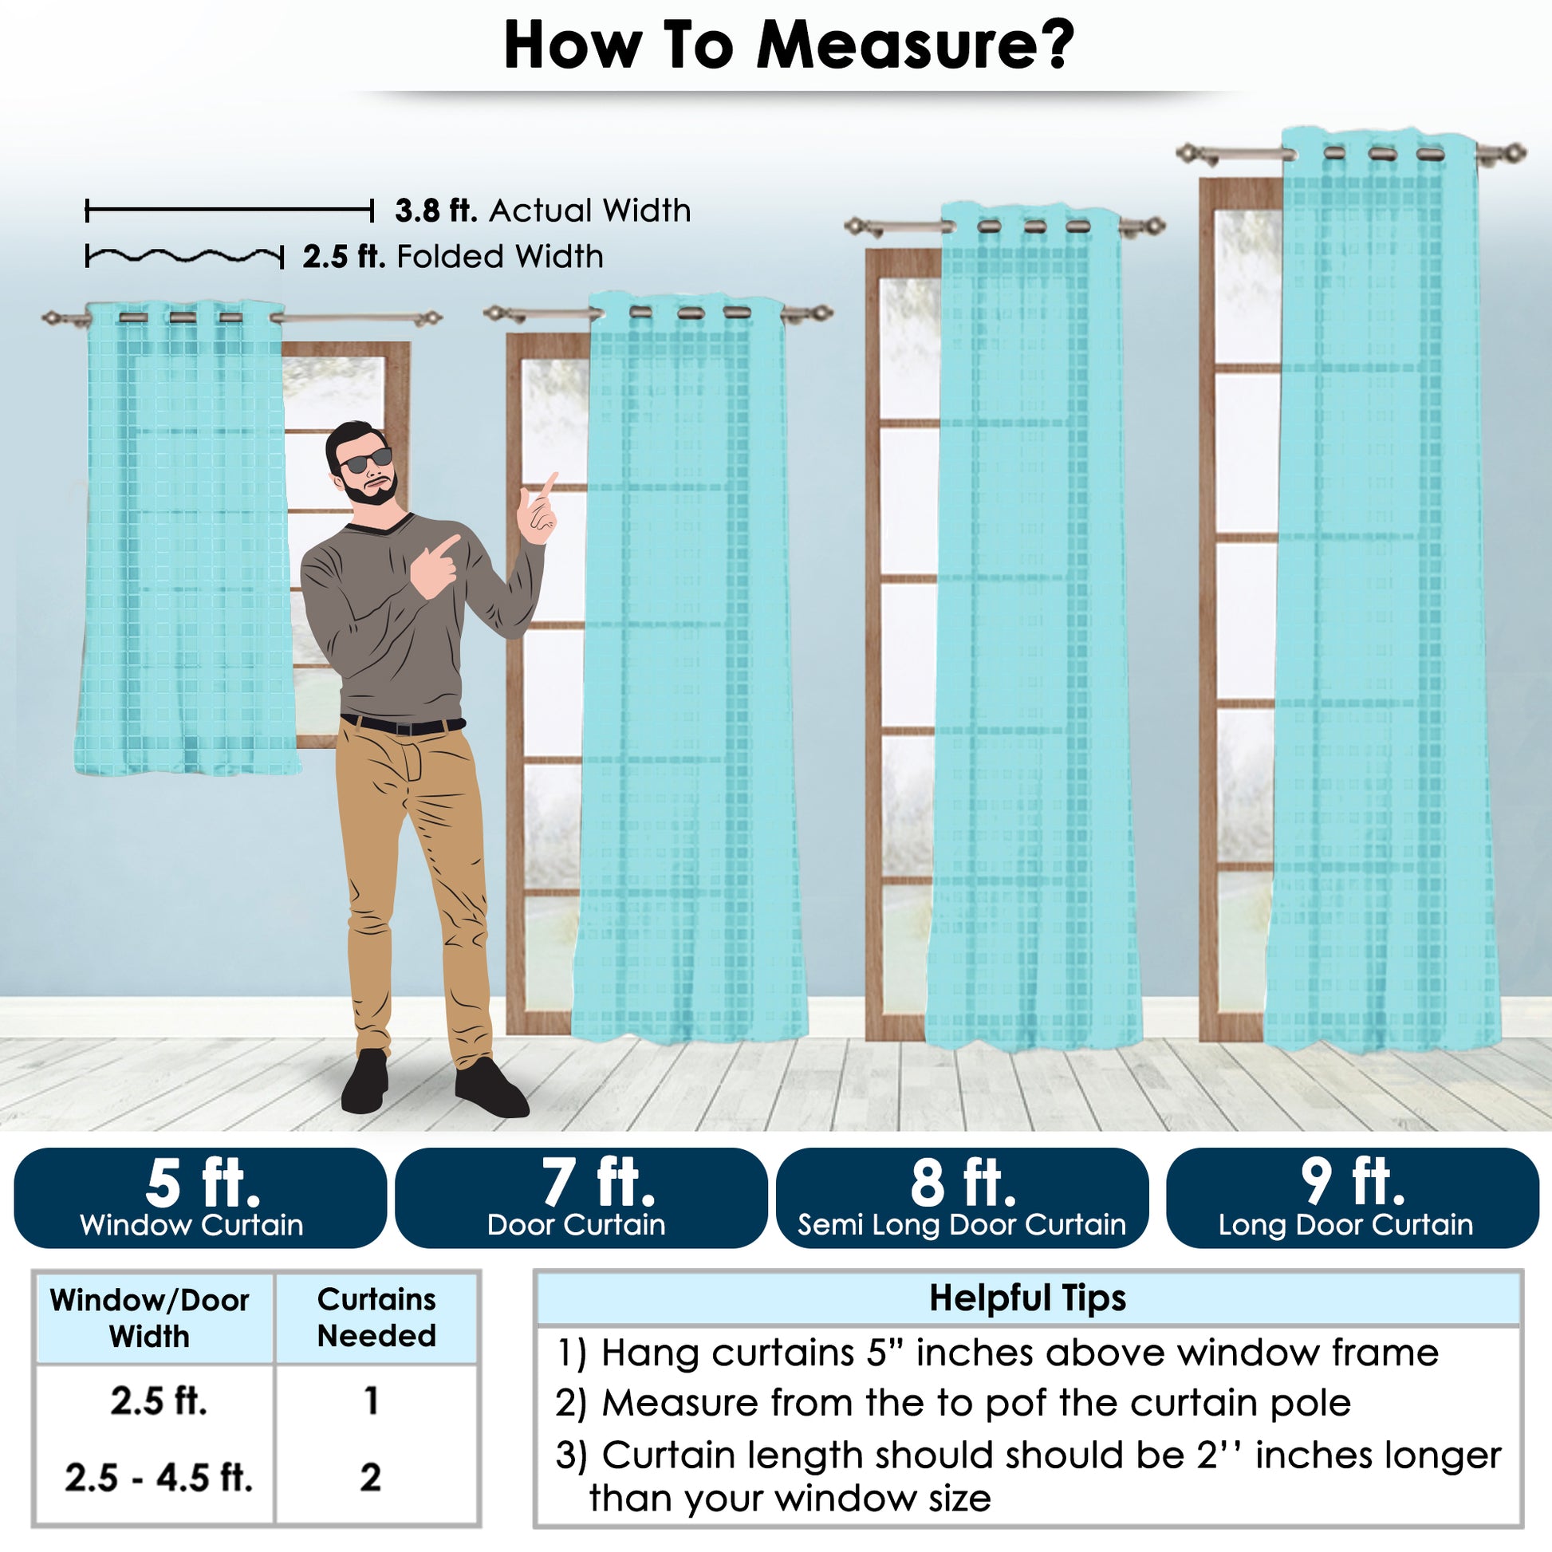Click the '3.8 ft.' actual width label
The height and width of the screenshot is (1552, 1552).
(436, 211)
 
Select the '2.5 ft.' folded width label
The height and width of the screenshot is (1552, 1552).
(344, 257)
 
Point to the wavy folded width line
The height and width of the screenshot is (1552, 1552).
(185, 257)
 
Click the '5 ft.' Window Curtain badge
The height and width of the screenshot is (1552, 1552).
(200, 1198)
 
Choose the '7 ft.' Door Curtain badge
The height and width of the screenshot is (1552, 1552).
(581, 1198)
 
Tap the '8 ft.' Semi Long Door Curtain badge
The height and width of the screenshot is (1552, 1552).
(963, 1198)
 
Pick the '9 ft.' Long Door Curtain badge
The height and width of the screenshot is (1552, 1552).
(1352, 1198)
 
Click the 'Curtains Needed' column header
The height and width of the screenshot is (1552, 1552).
(376, 1318)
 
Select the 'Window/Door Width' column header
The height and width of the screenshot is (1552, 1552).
(150, 1318)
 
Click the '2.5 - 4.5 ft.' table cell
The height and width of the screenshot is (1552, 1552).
(159, 1476)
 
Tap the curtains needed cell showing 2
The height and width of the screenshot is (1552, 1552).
(370, 1476)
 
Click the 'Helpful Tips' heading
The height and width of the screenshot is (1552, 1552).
(1027, 1298)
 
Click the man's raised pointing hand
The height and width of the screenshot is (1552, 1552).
(538, 510)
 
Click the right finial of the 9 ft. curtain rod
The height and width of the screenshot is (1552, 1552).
(1511, 153)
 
